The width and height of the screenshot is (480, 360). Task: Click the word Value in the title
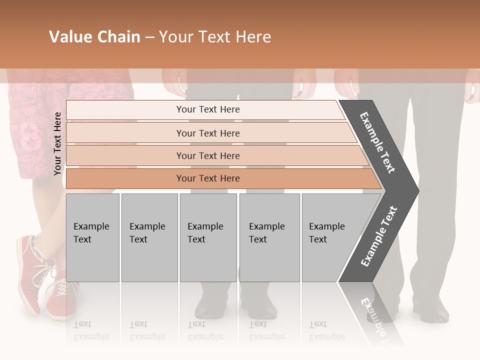[69, 37]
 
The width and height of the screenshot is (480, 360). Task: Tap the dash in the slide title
[149, 37]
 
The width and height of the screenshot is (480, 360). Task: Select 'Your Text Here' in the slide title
[215, 37]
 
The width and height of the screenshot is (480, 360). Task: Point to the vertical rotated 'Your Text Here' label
[57, 143]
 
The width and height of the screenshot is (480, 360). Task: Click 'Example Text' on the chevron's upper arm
[377, 142]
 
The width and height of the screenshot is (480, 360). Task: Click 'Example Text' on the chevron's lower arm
[379, 236]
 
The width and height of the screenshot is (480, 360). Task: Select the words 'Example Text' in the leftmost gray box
[91, 233]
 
